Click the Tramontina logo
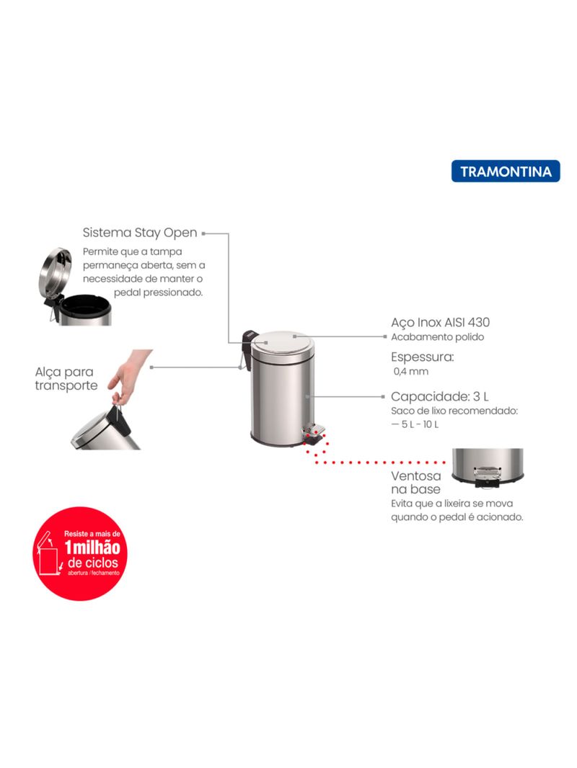click(x=506, y=171)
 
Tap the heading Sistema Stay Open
click(x=140, y=233)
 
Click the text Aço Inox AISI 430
click(x=440, y=322)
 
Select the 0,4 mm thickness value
click(x=411, y=371)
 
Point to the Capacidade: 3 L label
click(x=440, y=396)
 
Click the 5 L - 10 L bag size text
click(x=415, y=424)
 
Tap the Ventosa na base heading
click(x=415, y=483)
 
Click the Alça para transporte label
click(x=66, y=379)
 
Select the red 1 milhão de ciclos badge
click(x=80, y=553)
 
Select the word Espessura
click(x=422, y=357)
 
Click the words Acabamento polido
click(x=437, y=337)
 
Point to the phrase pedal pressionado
click(x=158, y=293)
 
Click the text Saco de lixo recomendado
click(x=454, y=411)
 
